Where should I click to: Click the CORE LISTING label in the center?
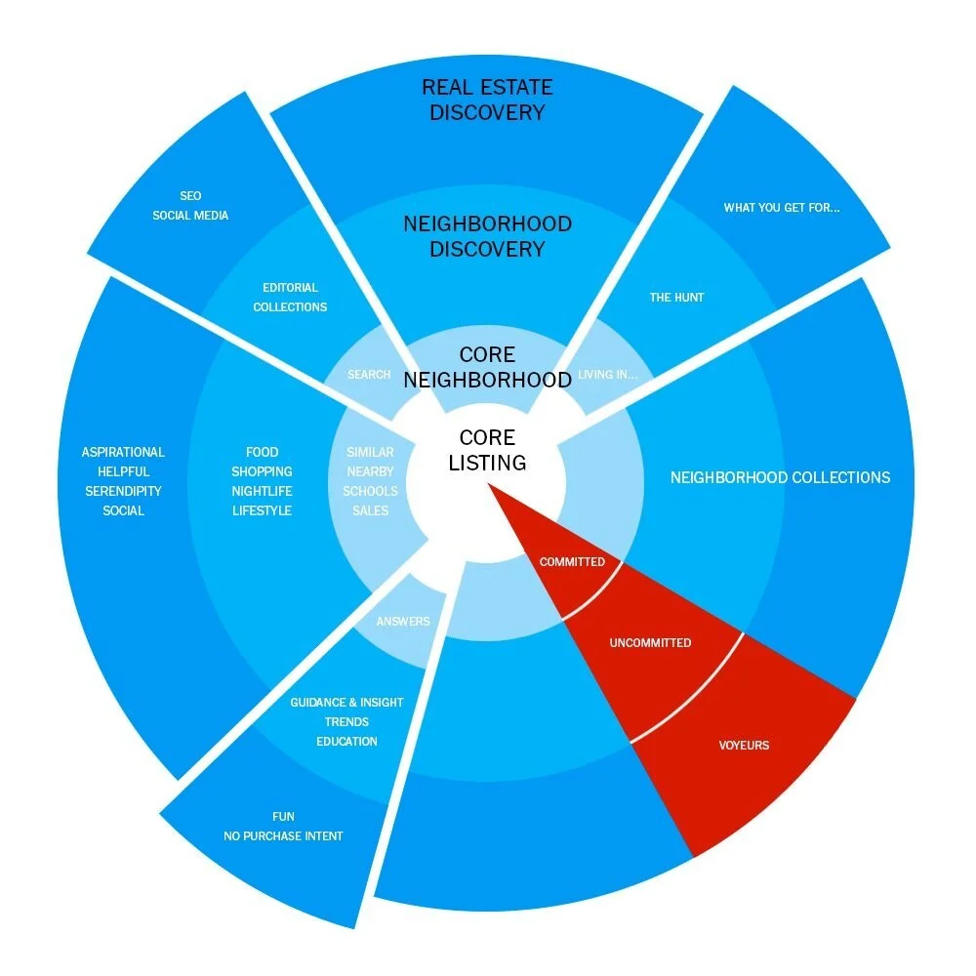point(487,450)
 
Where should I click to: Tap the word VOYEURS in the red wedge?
point(744,746)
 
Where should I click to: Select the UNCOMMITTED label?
point(650,643)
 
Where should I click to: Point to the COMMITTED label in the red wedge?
point(572,562)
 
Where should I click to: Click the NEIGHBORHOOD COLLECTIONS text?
point(780,478)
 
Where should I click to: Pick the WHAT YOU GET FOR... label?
point(781,208)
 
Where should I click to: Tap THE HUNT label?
point(676,297)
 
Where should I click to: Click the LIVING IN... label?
point(607,375)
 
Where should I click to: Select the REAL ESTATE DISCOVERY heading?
point(487,100)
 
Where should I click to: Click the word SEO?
point(190,196)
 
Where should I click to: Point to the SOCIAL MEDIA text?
point(190,215)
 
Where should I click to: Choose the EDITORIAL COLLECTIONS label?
point(290,297)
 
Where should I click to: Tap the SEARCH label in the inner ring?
point(369,375)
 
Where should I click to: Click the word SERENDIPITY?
point(123,491)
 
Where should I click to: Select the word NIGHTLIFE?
point(262,491)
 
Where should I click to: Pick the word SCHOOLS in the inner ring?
point(370,491)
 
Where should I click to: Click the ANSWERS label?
point(403,622)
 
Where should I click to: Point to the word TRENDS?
point(346,722)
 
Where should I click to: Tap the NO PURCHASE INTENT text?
point(283,835)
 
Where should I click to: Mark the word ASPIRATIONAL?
point(123,452)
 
